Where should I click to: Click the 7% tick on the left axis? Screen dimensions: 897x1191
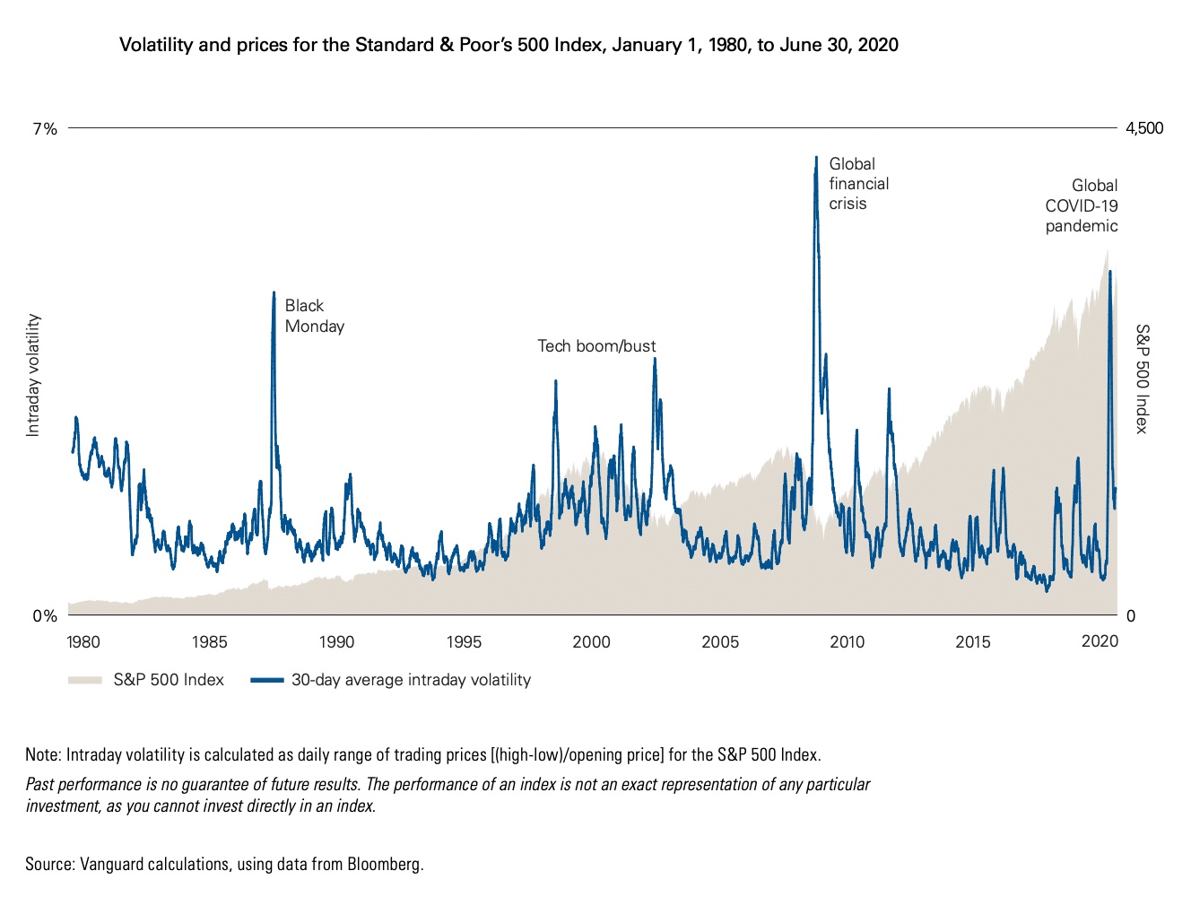tap(45, 129)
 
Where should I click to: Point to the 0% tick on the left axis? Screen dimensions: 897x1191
tap(45, 616)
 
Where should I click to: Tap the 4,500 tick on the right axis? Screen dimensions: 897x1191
tap(1144, 128)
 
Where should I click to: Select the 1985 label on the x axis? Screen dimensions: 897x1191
tap(209, 641)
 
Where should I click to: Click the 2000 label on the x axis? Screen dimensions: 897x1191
tap(591, 641)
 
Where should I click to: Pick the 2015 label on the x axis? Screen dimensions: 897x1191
tap(973, 641)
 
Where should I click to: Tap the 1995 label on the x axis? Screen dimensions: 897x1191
tap(464, 641)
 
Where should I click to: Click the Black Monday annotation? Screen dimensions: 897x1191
tap(314, 316)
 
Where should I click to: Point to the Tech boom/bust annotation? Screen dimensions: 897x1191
tap(596, 346)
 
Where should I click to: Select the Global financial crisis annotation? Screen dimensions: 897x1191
tap(858, 184)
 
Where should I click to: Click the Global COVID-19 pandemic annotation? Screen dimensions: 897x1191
tap(1082, 205)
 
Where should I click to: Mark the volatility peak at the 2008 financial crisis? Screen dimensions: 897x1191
tap(816, 158)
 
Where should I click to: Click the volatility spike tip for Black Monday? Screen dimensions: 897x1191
tap(274, 292)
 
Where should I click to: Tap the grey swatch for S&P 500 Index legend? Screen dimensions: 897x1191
tap(85, 680)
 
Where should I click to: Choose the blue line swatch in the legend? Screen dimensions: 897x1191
tap(267, 680)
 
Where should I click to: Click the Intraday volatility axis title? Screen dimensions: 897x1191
tap(33, 375)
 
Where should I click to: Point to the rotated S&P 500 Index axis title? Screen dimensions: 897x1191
tap(1142, 379)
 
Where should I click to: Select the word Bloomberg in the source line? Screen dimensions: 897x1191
tap(385, 865)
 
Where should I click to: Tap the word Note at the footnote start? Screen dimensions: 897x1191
tap(42, 754)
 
